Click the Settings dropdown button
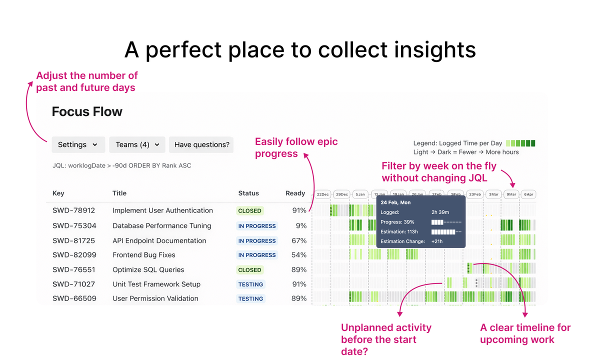click(x=78, y=144)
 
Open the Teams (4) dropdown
click(x=137, y=144)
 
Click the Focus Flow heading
click(x=87, y=111)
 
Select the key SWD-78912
click(x=73, y=210)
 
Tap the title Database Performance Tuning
click(x=161, y=225)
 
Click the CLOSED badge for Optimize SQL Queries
click(x=249, y=269)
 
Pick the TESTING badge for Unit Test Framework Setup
click(x=250, y=284)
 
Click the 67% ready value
click(x=299, y=240)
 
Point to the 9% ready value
click(x=301, y=225)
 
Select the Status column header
click(x=248, y=193)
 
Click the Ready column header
click(x=295, y=193)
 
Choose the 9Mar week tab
click(x=511, y=194)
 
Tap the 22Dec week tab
click(x=322, y=194)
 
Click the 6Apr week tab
click(x=528, y=194)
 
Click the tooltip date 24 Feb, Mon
click(x=395, y=202)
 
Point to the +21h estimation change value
click(x=437, y=241)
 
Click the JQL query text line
click(x=121, y=165)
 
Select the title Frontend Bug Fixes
click(x=143, y=255)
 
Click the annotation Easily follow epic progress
click(x=296, y=147)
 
